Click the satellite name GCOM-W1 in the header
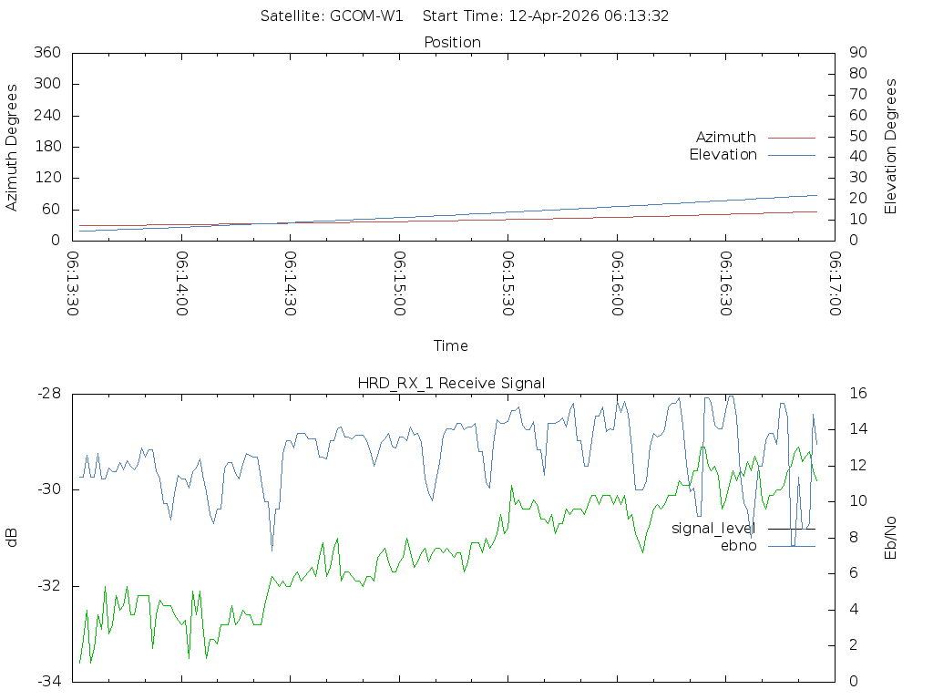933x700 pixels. [x=367, y=15]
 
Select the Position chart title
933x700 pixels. [x=453, y=42]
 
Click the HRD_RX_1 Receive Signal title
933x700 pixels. [x=451, y=383]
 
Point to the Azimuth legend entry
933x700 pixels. [x=726, y=137]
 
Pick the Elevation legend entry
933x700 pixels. [x=723, y=155]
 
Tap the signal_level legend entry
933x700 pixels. [x=713, y=529]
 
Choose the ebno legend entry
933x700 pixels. [x=739, y=546]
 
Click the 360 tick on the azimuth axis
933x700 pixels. [x=46, y=53]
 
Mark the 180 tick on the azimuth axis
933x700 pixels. [x=46, y=147]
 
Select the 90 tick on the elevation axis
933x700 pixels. [x=856, y=53]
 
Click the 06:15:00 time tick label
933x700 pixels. [x=400, y=283]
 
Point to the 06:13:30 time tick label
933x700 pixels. [x=74, y=283]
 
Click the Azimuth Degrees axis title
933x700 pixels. [x=13, y=147]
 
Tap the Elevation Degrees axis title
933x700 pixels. [x=891, y=147]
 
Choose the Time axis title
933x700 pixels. [x=451, y=346]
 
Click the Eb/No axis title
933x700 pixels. [x=891, y=537]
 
